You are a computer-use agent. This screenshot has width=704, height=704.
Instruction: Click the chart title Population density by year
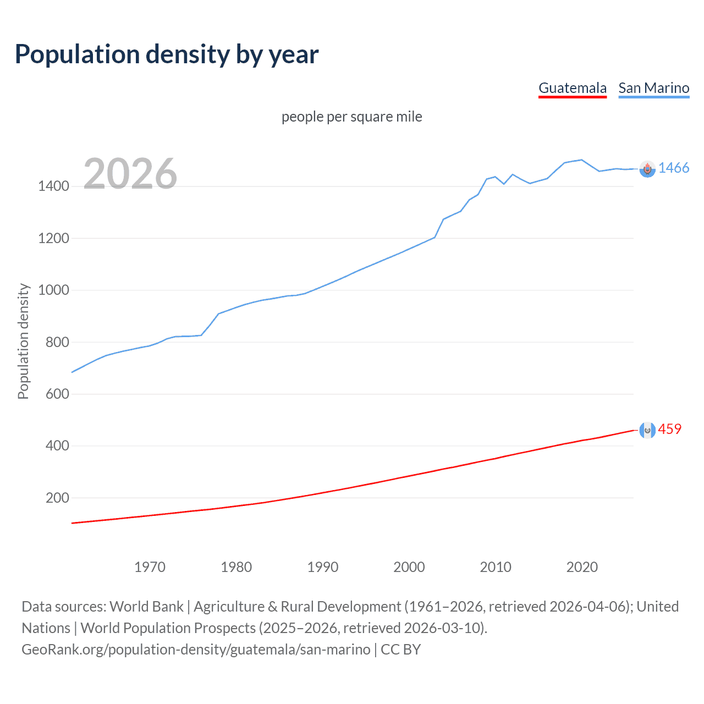pos(167,54)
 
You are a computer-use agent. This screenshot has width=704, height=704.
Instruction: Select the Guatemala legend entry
pos(572,88)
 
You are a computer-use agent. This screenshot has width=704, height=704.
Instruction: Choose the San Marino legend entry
pos(653,88)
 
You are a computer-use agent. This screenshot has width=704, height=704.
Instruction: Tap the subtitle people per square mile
pos(351,117)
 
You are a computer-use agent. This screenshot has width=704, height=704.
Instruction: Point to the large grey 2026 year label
pos(130,174)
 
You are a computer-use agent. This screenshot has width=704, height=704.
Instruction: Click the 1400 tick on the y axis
pos(53,186)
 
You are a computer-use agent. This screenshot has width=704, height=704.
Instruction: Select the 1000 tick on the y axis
pos(53,290)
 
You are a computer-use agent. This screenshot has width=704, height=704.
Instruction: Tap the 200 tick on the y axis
pos(57,498)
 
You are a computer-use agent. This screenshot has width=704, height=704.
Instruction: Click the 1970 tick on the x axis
pos(150,567)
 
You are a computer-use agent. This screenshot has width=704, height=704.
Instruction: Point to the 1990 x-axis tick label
pos(323,567)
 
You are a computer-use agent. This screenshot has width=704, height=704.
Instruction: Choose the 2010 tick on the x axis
pos(496,567)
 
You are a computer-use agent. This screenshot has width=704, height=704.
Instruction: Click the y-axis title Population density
pos(23,341)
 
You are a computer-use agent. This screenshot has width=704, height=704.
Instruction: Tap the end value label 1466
pos(673,168)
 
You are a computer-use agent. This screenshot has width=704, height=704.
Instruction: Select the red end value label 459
pos(669,430)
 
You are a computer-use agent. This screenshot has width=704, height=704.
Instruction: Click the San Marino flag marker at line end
pos(647,169)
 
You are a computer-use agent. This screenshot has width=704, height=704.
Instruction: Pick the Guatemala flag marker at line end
pos(647,430)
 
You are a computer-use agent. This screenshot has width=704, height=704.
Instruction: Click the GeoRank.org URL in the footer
pos(196,650)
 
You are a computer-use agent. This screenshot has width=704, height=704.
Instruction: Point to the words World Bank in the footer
pos(146,607)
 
